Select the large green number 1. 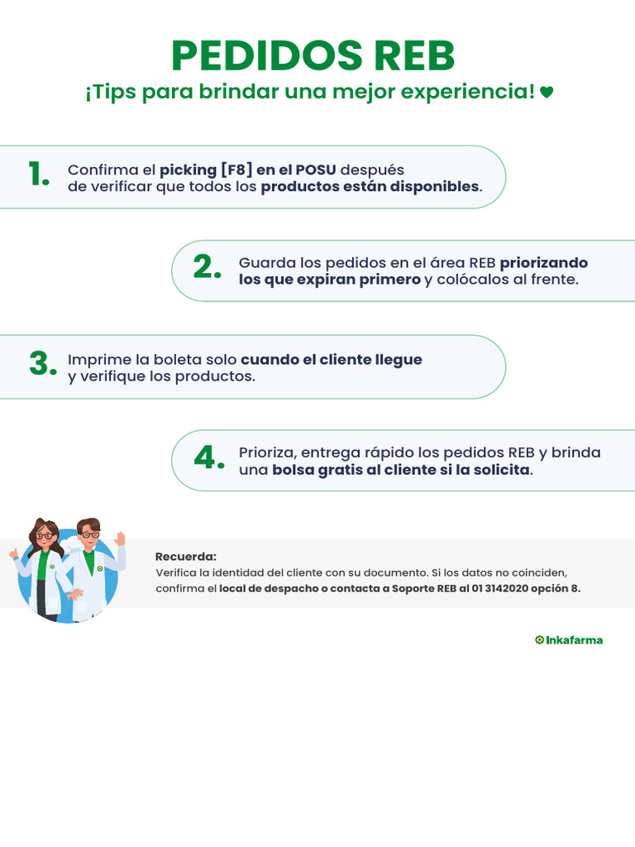[x=38, y=175]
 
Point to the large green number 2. [x=208, y=267]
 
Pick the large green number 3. [x=42, y=363]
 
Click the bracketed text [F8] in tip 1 [x=236, y=170]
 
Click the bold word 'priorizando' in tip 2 [x=543, y=263]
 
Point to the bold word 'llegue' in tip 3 [x=399, y=360]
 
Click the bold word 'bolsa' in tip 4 [x=294, y=470]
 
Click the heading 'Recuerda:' [x=185, y=557]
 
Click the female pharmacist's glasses [x=45, y=536]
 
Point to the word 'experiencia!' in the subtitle [x=468, y=93]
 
